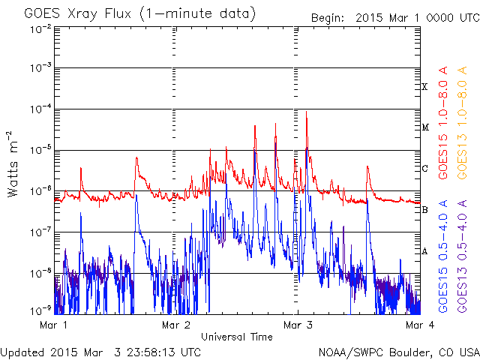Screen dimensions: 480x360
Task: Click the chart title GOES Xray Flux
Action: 77,13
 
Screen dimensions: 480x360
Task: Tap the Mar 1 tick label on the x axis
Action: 53,325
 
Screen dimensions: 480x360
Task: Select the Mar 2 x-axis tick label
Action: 175,325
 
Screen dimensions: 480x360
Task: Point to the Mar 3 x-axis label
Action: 298,325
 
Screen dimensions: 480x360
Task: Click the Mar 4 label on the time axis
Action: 420,325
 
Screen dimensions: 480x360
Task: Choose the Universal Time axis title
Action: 237,337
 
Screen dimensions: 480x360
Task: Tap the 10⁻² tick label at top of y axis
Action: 40,30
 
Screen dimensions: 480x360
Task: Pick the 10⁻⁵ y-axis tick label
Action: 40,150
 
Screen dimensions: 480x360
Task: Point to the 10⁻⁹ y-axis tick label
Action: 40,310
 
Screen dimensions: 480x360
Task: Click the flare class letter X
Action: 424,87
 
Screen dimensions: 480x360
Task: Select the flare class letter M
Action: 425,127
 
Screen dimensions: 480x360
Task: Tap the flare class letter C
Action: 425,168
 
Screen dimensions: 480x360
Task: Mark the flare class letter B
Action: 424,210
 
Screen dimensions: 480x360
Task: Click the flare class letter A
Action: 424,251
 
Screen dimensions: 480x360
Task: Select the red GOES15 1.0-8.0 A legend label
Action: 443,122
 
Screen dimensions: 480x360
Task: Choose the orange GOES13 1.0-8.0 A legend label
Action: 462,122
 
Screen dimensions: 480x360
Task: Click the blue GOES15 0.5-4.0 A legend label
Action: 443,256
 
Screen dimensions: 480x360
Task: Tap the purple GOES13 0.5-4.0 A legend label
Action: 462,256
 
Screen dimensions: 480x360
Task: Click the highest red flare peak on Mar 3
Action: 307,112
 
